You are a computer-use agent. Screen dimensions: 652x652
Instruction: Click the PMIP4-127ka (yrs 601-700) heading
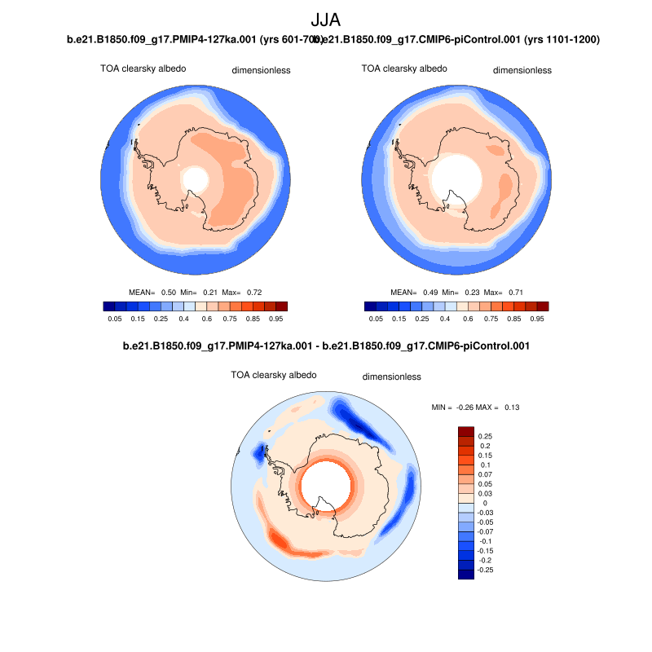click(x=192, y=40)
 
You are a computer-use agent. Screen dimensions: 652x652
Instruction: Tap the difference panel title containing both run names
click(x=326, y=346)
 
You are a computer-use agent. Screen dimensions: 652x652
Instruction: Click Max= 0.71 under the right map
click(x=504, y=291)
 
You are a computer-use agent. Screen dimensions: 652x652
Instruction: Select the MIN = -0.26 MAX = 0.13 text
click(x=475, y=407)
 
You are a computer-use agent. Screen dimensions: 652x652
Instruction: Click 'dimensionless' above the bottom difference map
click(x=391, y=377)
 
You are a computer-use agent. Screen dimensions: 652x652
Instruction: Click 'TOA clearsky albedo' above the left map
click(x=143, y=69)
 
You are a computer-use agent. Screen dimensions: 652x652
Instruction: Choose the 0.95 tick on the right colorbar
click(x=537, y=319)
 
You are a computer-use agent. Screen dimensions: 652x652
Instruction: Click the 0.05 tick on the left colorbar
click(x=115, y=319)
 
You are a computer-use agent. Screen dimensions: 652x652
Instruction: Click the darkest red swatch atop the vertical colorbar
click(x=465, y=431)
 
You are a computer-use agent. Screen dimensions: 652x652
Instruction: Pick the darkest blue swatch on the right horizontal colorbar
click(x=370, y=306)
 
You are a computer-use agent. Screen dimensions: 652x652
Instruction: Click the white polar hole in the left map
click(x=195, y=178)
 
